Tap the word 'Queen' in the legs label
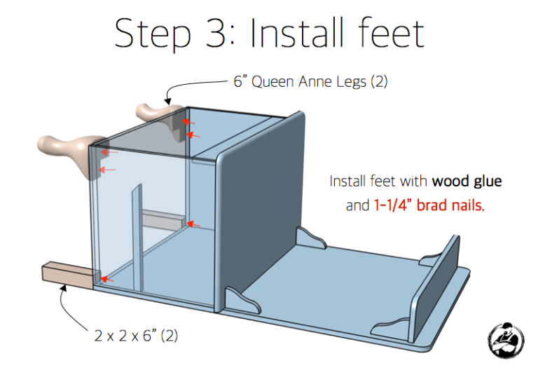[273, 83]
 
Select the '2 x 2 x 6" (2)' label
[136, 336]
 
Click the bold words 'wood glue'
[467, 181]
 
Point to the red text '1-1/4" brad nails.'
[429, 205]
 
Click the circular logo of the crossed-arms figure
[506, 341]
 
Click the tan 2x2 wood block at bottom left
[68, 275]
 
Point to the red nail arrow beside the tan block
[107, 280]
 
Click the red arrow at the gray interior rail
[193, 224]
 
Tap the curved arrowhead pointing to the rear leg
[167, 101]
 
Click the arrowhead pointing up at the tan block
[63, 288]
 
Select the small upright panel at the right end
[435, 287]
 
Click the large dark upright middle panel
[261, 211]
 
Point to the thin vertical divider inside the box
[137, 238]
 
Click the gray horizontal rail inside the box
[164, 219]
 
